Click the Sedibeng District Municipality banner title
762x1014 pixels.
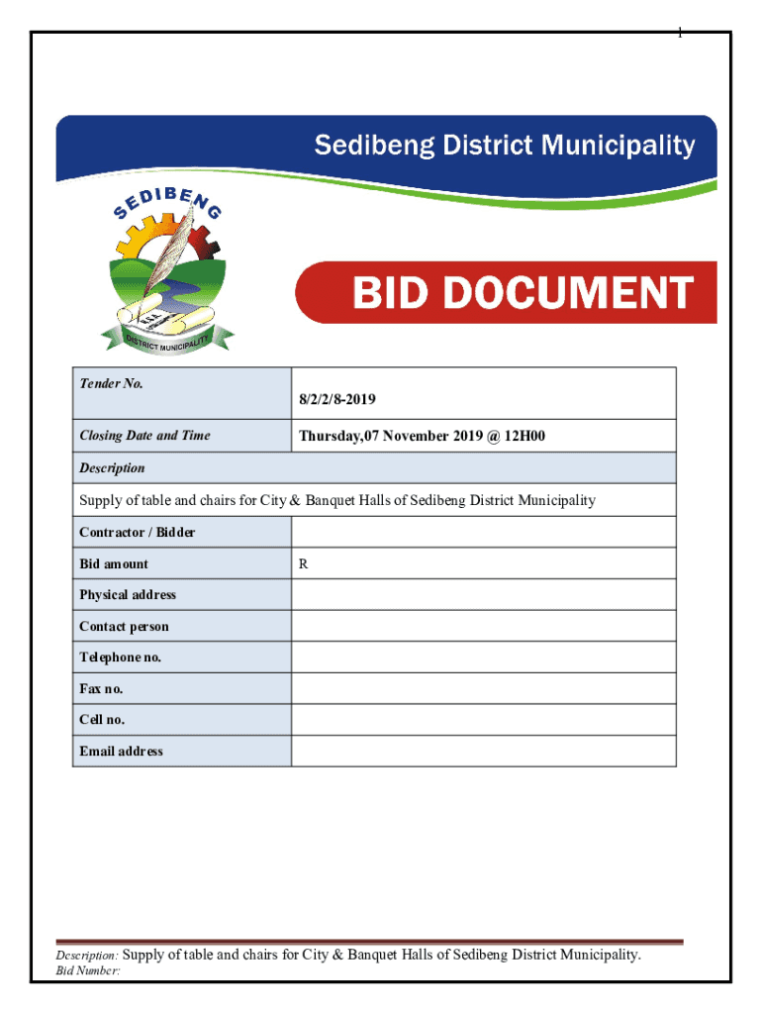tap(505, 147)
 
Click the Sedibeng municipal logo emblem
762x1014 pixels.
tap(167, 273)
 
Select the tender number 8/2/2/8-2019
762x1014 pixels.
tap(336, 400)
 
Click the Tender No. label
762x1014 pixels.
tap(111, 383)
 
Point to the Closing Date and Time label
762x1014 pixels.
tap(144, 435)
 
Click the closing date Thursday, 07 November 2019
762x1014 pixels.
tap(422, 435)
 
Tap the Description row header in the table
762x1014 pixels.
tap(112, 467)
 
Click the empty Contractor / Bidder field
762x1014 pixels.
tap(483, 532)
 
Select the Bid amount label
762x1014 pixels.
tap(114, 563)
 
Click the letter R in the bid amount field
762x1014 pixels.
tap(304, 563)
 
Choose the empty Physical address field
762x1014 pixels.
tap(483, 594)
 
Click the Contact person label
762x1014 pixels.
tap(124, 626)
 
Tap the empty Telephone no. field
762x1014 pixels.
tap(483, 658)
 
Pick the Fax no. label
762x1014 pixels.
tap(101, 688)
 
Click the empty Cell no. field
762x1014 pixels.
tap(483, 720)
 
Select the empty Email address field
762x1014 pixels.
tap(483, 751)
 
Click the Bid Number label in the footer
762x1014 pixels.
tap(87, 971)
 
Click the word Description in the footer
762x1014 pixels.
tap(87, 956)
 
